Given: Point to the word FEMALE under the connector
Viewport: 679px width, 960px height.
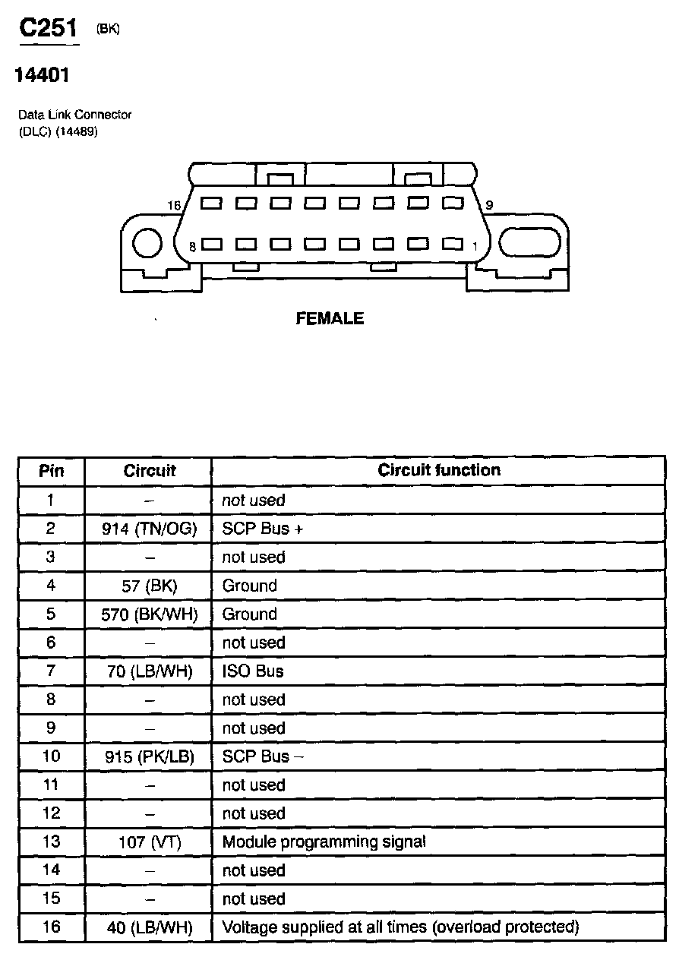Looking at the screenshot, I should coord(330,319).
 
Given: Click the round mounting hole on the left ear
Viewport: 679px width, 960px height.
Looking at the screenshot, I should coord(147,244).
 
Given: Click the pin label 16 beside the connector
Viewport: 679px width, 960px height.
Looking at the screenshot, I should coord(174,206).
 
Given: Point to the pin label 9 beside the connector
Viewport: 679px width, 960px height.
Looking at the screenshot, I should coord(489,205).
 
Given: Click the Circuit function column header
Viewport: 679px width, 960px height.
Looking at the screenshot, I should coord(439,470).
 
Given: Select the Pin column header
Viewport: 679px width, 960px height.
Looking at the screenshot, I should coord(51,471).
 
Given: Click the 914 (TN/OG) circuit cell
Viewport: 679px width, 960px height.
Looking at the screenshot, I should coord(149,529).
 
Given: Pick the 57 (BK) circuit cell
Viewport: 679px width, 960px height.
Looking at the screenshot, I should coord(149,586).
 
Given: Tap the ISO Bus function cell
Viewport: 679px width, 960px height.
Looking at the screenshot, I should coord(252,671).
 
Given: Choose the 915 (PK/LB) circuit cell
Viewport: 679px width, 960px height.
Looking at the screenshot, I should coord(149,757).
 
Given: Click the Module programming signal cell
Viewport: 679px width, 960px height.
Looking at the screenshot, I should coord(324,842).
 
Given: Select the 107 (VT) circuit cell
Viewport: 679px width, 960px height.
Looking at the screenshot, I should coord(149,842).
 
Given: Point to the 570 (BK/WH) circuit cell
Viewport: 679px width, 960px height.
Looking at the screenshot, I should coord(149,614).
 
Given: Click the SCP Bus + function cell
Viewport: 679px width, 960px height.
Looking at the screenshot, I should coord(262,529).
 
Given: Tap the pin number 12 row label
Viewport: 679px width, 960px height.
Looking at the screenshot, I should coord(51,813).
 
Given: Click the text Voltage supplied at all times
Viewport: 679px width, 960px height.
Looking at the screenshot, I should coord(320,927).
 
